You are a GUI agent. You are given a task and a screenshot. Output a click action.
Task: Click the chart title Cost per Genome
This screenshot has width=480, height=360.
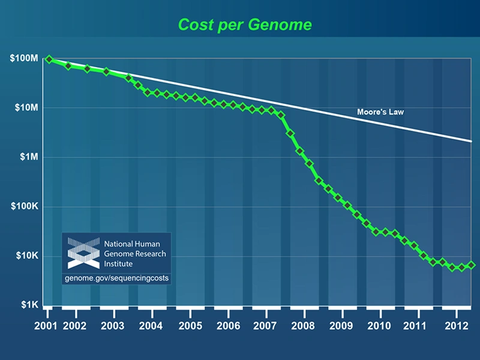pos(244,25)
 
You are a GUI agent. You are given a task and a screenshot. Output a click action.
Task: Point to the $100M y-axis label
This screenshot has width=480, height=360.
pos(23,59)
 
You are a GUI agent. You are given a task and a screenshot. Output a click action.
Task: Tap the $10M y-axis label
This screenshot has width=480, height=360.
pos(26,108)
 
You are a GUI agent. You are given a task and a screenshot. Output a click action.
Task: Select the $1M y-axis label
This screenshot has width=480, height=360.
pos(28,157)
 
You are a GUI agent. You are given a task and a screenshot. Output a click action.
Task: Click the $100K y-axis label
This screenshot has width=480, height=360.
pos(24,207)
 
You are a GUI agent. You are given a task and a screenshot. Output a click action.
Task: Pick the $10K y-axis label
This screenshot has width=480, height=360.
pos(26,256)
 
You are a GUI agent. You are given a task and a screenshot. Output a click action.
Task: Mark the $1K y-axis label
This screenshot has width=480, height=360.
pos(28,305)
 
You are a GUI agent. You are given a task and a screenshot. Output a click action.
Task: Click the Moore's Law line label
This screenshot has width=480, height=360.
pos(380,112)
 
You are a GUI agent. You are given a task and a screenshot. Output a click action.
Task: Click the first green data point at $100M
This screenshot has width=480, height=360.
pos(49,59)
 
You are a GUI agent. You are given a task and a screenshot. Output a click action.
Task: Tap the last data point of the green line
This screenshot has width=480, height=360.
pos(472,265)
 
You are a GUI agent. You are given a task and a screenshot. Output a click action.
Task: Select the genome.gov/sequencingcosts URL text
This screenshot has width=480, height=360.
pos(116,278)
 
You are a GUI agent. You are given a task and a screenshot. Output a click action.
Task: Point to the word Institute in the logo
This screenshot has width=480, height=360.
pos(120,263)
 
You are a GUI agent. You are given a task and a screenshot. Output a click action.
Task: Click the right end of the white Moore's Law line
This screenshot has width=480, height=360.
pos(472,141)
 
